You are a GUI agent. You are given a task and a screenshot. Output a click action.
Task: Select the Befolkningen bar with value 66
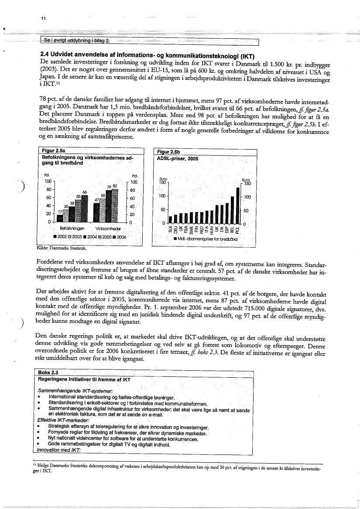(x=85, y=208)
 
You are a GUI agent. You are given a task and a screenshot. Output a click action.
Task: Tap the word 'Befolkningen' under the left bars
(x=72, y=228)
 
